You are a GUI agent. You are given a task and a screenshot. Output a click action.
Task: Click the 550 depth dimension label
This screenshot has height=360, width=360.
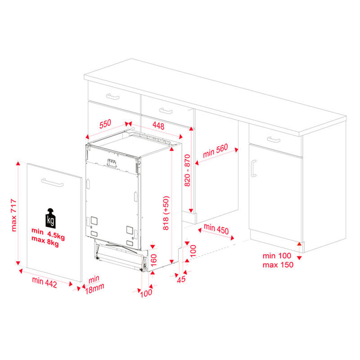coord(105,124)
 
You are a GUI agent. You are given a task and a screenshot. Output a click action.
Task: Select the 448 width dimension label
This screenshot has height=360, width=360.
coord(158,126)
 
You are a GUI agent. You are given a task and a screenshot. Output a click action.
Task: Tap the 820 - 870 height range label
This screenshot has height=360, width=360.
coord(187,171)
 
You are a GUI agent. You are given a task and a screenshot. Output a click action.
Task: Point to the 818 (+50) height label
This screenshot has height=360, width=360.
coord(166,213)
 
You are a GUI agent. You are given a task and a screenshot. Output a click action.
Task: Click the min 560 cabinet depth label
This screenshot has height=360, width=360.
coord(216,151)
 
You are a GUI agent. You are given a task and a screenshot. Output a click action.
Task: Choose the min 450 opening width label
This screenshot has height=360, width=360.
coord(216,229)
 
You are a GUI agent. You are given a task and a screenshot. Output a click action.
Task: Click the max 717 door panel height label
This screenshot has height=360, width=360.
coord(14,215)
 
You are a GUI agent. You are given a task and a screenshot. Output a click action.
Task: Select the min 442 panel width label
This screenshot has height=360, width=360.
coord(45,283)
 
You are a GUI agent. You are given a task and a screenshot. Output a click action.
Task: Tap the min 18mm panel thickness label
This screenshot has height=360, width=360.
coord(94,285)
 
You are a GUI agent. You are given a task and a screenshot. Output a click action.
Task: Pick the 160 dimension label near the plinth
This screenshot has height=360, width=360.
coord(153,260)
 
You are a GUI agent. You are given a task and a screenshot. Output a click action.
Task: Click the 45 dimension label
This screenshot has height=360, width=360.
coord(181,279)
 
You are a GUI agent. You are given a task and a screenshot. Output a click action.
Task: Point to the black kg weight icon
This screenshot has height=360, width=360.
coord(50,218)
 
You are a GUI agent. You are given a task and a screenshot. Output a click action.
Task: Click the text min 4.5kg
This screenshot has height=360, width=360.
coord(48,234)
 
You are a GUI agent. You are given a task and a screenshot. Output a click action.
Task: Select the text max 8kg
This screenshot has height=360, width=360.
coord(45,241)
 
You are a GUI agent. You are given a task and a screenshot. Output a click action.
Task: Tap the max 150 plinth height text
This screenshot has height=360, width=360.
coord(278,265)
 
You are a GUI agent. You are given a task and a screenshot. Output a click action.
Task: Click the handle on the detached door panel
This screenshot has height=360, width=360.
coord(52,183)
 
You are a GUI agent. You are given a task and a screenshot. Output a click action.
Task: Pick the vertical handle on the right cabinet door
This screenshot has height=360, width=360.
coord(253,168)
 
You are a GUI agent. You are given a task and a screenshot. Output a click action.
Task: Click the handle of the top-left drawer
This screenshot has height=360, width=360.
coord(113,97)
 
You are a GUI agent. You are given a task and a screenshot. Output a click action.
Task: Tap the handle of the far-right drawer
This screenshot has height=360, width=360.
coord(274,139)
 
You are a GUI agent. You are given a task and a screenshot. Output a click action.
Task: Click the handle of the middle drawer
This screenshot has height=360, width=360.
coord(166,111)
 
